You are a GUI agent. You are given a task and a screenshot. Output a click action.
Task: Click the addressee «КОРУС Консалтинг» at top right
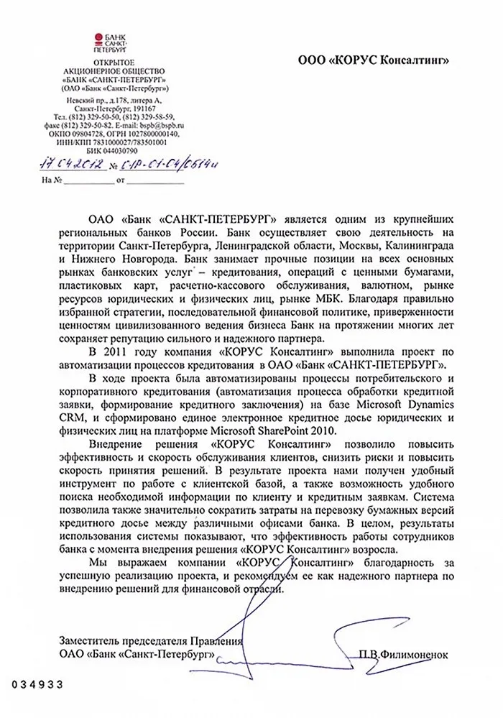point(374,61)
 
